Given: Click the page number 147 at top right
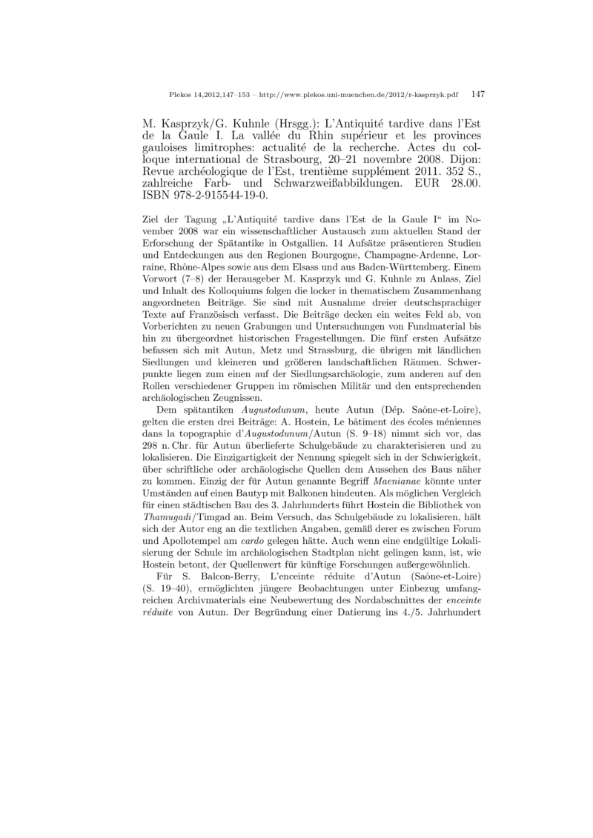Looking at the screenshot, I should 477,95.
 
